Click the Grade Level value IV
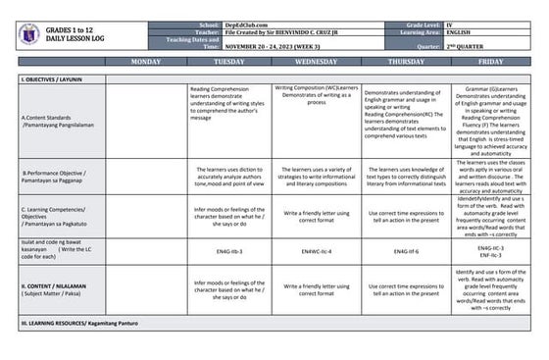coord(449,23)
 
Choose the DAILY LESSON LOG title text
coord(75,40)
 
